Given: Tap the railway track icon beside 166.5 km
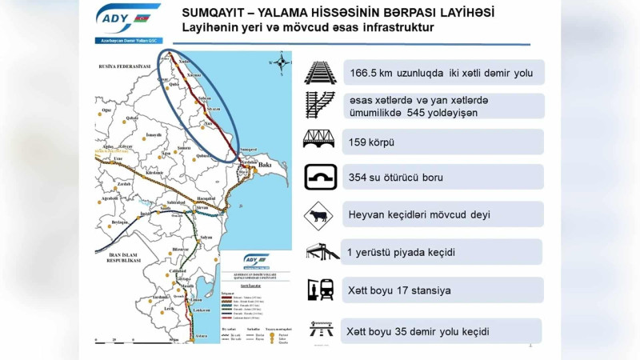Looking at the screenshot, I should (320, 72).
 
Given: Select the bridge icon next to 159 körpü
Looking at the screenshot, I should (320, 140).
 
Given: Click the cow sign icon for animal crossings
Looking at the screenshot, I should (320, 215).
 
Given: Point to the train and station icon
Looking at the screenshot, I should (320, 289).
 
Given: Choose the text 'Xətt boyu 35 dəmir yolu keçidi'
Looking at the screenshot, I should (418, 330).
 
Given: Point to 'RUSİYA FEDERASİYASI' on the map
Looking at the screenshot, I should (123, 66).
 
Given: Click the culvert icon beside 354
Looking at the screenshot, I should (320, 177).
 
